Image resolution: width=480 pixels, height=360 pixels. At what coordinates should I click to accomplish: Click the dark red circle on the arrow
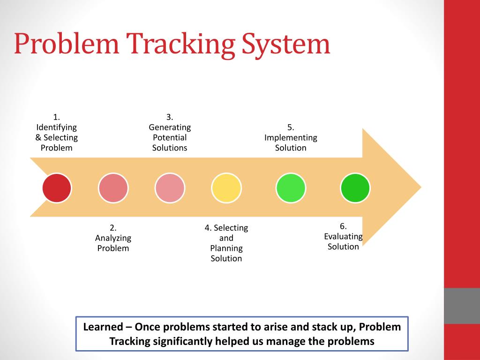tap(57, 187)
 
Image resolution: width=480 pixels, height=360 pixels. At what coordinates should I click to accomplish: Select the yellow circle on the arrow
tap(226, 187)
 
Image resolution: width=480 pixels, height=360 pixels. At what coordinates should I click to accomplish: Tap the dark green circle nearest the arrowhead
tap(355, 187)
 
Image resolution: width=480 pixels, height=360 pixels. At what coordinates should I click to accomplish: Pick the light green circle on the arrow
tap(291, 187)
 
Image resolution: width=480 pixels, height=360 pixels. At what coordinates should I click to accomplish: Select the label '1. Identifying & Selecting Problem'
tap(57, 132)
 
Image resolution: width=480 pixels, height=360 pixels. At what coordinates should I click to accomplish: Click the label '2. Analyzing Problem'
tap(113, 238)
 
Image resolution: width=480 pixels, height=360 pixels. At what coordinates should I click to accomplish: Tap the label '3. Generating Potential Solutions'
tap(170, 132)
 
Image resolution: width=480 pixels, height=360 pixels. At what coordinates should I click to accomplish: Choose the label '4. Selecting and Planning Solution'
tap(226, 243)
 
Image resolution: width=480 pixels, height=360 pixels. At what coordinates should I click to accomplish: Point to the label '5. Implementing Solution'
tap(291, 137)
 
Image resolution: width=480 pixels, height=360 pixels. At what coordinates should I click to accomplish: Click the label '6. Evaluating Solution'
tap(343, 236)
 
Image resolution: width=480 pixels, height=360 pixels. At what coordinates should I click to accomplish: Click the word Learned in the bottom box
tap(103, 327)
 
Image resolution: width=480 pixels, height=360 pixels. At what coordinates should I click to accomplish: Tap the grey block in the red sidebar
tap(462, 306)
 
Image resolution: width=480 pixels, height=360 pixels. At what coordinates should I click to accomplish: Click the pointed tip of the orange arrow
tap(420, 187)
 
